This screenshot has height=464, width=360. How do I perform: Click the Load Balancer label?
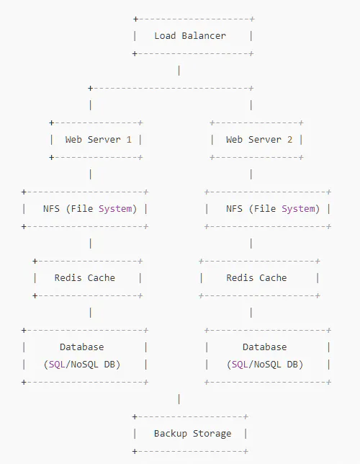click(x=190, y=36)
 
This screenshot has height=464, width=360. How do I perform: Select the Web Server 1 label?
click(x=98, y=139)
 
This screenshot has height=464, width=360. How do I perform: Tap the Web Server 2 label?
click(x=259, y=139)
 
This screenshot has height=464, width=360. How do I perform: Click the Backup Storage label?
click(x=192, y=434)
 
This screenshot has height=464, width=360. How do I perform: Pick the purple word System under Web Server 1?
click(x=115, y=209)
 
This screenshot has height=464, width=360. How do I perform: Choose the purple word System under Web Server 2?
click(x=298, y=209)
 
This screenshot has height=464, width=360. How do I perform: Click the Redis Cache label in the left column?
click(x=85, y=278)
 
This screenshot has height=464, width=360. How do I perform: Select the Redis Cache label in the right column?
click(x=256, y=278)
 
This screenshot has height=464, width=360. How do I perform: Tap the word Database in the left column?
click(x=82, y=347)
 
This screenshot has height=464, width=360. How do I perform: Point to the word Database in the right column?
click(x=265, y=347)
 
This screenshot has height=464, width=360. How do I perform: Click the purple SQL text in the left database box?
click(x=57, y=365)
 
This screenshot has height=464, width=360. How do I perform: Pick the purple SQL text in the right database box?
click(x=240, y=365)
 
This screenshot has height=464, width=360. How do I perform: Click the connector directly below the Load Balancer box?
click(x=179, y=71)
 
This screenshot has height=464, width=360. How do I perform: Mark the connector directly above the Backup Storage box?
click(x=179, y=399)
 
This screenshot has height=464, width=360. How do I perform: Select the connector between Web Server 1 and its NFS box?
click(x=91, y=174)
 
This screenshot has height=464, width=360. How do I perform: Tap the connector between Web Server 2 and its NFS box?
click(x=251, y=174)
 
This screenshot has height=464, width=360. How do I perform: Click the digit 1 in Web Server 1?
click(x=129, y=139)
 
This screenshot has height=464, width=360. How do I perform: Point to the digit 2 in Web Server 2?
click(x=290, y=139)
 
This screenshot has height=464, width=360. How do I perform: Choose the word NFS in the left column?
click(x=51, y=209)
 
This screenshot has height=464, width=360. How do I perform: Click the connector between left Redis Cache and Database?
click(x=91, y=313)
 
